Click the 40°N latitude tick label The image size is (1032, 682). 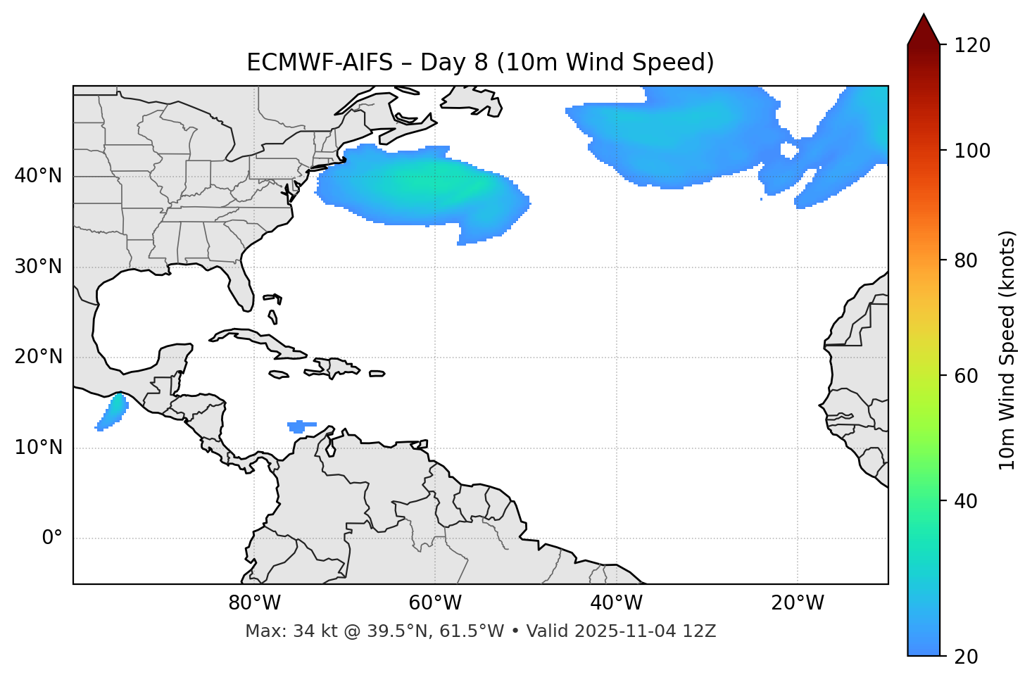[38, 176]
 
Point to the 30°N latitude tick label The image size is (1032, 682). [38, 267]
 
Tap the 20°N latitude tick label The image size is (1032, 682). [38, 357]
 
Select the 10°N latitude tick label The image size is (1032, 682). [38, 448]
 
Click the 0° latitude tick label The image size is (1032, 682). [51, 538]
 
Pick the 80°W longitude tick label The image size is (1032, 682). [254, 603]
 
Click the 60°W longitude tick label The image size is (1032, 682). [435, 603]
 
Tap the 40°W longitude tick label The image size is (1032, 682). [616, 603]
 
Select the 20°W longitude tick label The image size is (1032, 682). [798, 603]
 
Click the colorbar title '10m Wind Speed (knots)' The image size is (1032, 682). [1007, 350]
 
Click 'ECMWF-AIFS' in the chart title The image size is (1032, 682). [320, 63]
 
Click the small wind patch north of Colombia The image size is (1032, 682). [301, 426]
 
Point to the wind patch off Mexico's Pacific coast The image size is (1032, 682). [113, 412]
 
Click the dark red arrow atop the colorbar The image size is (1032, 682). [924, 30]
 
